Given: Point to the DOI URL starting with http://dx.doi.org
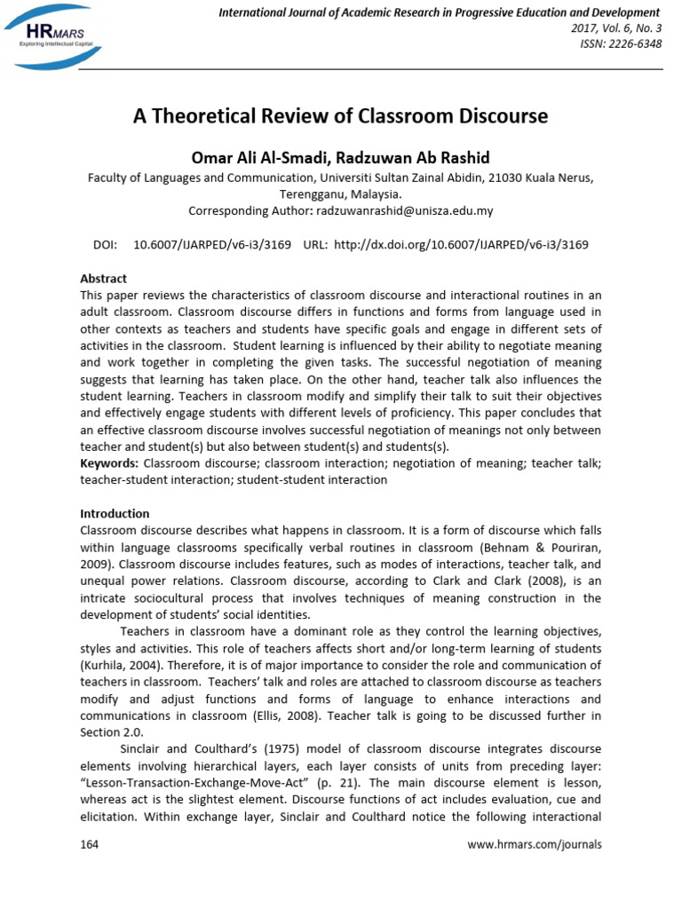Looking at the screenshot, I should coord(461,244).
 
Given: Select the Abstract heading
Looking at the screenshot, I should coord(104,278).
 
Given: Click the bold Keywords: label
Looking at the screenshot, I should coord(109,462).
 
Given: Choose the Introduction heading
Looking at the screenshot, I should coord(115,513).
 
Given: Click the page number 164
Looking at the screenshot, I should coord(90,844).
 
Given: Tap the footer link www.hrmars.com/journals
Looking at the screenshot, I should coord(534,844).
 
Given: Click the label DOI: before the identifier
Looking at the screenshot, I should coord(106,244).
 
